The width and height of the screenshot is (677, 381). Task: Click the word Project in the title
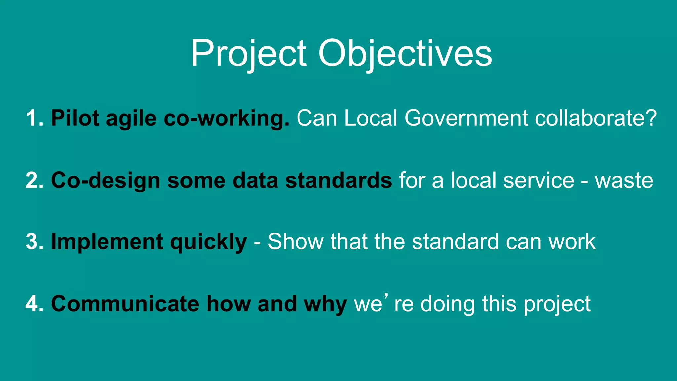pos(249,54)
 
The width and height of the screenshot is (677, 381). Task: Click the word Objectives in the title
pos(405,54)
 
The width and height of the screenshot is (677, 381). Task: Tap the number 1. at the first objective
pos(34,118)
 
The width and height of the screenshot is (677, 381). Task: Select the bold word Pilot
pos(75,118)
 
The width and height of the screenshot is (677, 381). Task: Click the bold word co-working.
pos(226,118)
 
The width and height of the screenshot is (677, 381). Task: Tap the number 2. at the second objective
pos(34,180)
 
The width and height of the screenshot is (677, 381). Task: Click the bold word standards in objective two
pos(338,180)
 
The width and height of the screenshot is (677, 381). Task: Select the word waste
pos(624,181)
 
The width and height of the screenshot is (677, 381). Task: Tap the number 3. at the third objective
pos(34,242)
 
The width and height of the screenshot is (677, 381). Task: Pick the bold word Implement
pos(107,242)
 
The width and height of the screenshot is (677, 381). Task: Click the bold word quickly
pos(208,242)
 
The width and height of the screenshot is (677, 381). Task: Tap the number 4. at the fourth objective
pos(34,304)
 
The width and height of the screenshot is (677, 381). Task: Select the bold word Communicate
pos(125,304)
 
